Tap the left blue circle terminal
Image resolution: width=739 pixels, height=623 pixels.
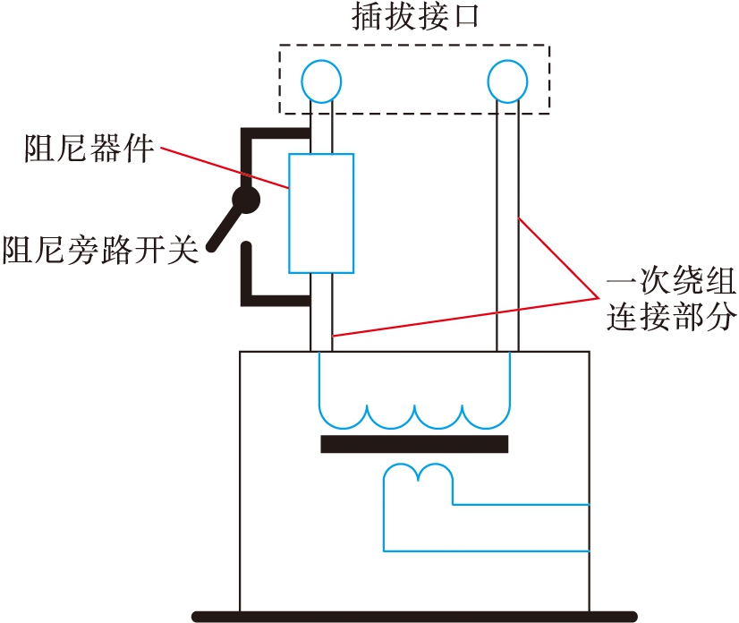320,81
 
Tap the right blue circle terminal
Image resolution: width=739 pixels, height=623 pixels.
507,81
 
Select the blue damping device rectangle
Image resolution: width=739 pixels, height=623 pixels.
320,213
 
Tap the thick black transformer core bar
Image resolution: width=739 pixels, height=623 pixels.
414,444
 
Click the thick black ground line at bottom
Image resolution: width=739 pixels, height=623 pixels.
414,616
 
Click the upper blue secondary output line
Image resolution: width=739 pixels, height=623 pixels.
519,505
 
